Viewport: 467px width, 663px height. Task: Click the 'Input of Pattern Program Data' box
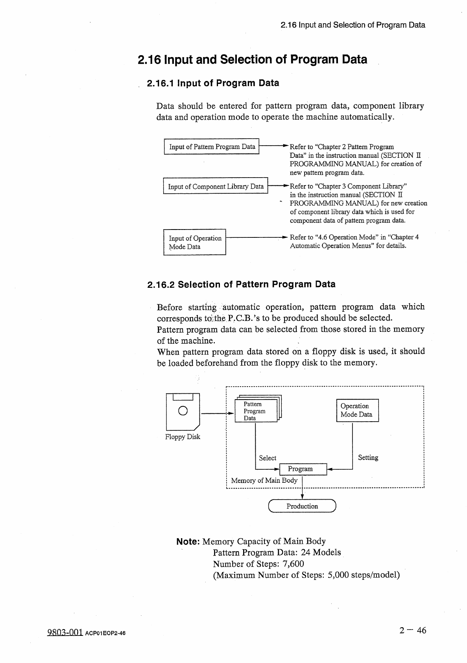tap(212, 147)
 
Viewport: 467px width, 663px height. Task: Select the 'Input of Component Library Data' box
tap(215, 186)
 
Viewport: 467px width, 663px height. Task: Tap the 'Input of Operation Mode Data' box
tap(195, 242)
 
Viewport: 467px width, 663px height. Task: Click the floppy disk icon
tap(183, 412)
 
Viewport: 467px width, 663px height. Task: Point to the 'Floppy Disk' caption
tap(183, 437)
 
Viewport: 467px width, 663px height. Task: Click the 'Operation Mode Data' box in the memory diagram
tap(357, 410)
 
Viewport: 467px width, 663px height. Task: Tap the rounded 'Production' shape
tap(302, 506)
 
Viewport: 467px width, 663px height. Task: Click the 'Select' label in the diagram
tap(268, 458)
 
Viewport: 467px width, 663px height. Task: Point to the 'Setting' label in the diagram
tap(368, 457)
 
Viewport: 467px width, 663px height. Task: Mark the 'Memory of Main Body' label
tap(264, 480)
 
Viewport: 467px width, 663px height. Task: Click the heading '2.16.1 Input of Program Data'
tap(212, 83)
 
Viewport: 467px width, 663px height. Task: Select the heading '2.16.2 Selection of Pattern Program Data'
tap(241, 284)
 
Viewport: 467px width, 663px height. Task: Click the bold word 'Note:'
tap(188, 542)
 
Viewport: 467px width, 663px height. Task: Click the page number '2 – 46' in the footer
tap(412, 631)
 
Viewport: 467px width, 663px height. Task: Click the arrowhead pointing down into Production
tap(302, 497)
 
